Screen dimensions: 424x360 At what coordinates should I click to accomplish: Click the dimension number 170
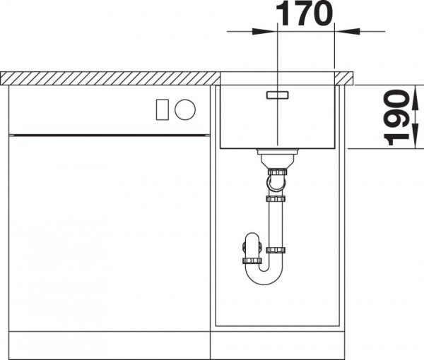click(304, 13)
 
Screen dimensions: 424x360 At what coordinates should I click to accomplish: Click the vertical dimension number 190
click(396, 117)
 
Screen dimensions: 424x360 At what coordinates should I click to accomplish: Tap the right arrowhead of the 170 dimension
click(347, 31)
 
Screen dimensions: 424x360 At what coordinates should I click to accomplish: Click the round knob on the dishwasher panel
click(185, 109)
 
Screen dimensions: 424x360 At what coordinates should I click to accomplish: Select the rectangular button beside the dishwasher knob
click(163, 109)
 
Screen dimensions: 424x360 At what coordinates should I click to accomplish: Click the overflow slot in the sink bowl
click(278, 95)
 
